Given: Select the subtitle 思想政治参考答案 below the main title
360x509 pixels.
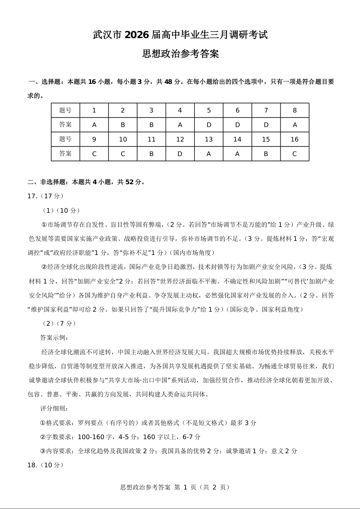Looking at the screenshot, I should tap(180, 54).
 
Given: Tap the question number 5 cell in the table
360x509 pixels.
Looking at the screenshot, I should tap(209, 110).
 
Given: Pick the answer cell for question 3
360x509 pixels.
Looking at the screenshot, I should tap(152, 125).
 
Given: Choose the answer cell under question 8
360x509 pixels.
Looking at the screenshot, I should tap(295, 125).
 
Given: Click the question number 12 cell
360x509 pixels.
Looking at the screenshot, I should tap(180, 139).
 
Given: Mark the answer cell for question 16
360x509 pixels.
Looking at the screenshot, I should tap(295, 154).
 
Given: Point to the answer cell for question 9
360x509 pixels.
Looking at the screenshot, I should tap(94, 154).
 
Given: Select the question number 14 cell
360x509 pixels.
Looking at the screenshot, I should tap(237, 139).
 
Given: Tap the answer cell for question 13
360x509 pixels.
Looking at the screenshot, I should tap(209, 154).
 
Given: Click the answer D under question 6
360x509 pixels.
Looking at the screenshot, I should tap(237, 125).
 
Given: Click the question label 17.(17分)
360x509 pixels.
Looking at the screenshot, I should tap(46, 196).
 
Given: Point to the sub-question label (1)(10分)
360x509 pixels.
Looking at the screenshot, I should tap(61, 210).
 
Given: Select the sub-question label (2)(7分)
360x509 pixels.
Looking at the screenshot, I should tap(59, 323).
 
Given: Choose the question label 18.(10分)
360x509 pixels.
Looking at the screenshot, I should tap(46, 465).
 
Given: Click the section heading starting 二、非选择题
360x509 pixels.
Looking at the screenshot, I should tap(86, 182).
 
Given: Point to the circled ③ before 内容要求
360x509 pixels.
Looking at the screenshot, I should tap(43, 451).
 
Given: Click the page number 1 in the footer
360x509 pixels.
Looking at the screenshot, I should tap(185, 487).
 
